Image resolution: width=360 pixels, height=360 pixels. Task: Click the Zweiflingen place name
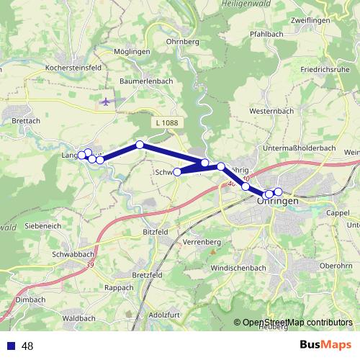[310, 20]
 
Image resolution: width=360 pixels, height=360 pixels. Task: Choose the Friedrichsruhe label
[325, 70]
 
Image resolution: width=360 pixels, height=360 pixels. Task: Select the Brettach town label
[27, 121]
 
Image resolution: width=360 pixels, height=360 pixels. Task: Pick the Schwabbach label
[74, 255]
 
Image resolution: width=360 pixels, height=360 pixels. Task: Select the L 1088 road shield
[166, 123]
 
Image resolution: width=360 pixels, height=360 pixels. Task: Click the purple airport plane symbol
[107, 102]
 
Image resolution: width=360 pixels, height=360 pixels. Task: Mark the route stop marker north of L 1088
[140, 145]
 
